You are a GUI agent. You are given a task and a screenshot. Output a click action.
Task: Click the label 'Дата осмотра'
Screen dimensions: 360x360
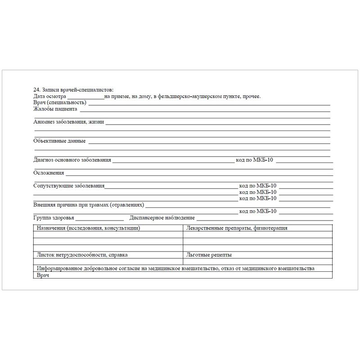(x=49, y=96)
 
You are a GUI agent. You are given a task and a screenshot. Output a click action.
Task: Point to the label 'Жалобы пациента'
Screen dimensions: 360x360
(x=55, y=109)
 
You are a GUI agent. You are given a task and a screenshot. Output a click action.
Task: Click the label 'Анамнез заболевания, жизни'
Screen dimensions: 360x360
(x=69, y=121)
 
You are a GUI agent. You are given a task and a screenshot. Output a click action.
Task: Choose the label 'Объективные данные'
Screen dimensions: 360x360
(x=59, y=141)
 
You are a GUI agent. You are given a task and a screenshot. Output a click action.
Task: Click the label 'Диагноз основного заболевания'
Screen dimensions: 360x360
(x=72, y=160)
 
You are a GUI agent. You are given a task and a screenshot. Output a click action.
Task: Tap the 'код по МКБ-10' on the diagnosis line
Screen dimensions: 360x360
(x=254, y=160)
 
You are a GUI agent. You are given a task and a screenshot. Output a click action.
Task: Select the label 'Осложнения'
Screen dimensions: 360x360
(x=49, y=173)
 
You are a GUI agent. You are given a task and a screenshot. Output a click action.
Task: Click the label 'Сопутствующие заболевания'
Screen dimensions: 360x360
(x=69, y=185)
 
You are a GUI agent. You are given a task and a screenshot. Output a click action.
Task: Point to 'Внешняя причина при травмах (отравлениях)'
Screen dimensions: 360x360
(x=89, y=205)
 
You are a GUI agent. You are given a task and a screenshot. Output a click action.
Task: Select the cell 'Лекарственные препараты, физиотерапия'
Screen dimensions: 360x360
(x=236, y=228)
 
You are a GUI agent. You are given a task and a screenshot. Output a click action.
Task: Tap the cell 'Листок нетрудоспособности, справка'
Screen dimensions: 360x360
(x=82, y=255)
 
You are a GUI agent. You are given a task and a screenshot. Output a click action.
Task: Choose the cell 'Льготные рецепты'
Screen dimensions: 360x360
(x=209, y=255)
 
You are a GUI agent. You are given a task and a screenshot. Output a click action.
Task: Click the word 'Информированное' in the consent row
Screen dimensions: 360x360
(x=60, y=269)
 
